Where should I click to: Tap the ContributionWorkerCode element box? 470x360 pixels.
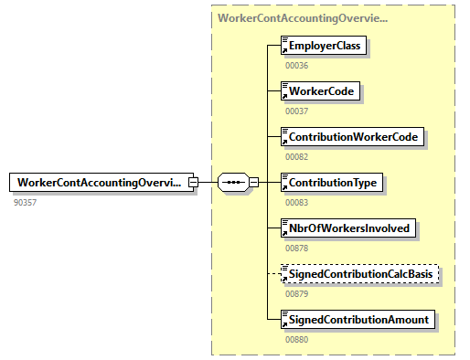(x=353, y=137)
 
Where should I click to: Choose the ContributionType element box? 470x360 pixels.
(x=332, y=183)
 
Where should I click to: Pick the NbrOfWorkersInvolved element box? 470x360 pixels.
(x=348, y=228)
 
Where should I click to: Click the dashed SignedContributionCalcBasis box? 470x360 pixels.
(x=361, y=274)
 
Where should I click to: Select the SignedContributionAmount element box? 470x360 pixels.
(x=359, y=320)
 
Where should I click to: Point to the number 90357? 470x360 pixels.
(x=26, y=201)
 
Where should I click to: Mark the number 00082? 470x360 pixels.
(x=297, y=156)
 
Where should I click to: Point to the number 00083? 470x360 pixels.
(x=297, y=202)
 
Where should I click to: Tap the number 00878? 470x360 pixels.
(x=297, y=248)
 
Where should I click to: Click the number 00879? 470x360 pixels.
(x=297, y=293)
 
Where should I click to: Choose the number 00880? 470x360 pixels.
(x=297, y=339)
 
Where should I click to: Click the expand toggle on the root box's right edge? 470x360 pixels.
(x=193, y=183)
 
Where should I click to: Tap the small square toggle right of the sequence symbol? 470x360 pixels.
(x=253, y=183)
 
